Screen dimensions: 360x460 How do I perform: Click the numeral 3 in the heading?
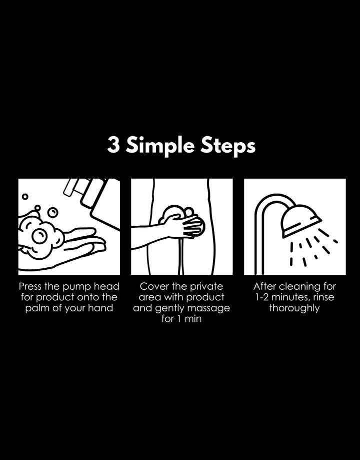point(113,145)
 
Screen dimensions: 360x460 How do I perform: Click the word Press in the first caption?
point(30,286)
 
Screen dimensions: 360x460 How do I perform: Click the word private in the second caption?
point(206,287)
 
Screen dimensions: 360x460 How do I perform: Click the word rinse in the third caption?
point(323,297)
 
